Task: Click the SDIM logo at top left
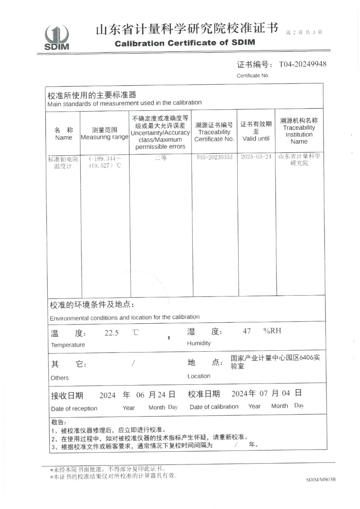click(57, 37)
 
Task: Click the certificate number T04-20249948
click(303, 64)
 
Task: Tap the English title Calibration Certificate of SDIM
click(185, 43)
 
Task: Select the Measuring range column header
click(104, 134)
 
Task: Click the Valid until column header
click(256, 131)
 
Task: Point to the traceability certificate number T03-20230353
click(214, 157)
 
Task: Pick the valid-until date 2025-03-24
click(256, 157)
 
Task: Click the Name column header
click(64, 134)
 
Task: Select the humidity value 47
click(247, 331)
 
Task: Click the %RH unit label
click(272, 331)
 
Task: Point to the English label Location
click(199, 376)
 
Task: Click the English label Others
click(59, 378)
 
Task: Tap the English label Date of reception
click(74, 408)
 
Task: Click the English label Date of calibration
click(214, 407)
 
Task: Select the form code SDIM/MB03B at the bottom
click(321, 480)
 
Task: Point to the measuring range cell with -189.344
click(104, 162)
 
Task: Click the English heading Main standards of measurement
click(124, 103)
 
